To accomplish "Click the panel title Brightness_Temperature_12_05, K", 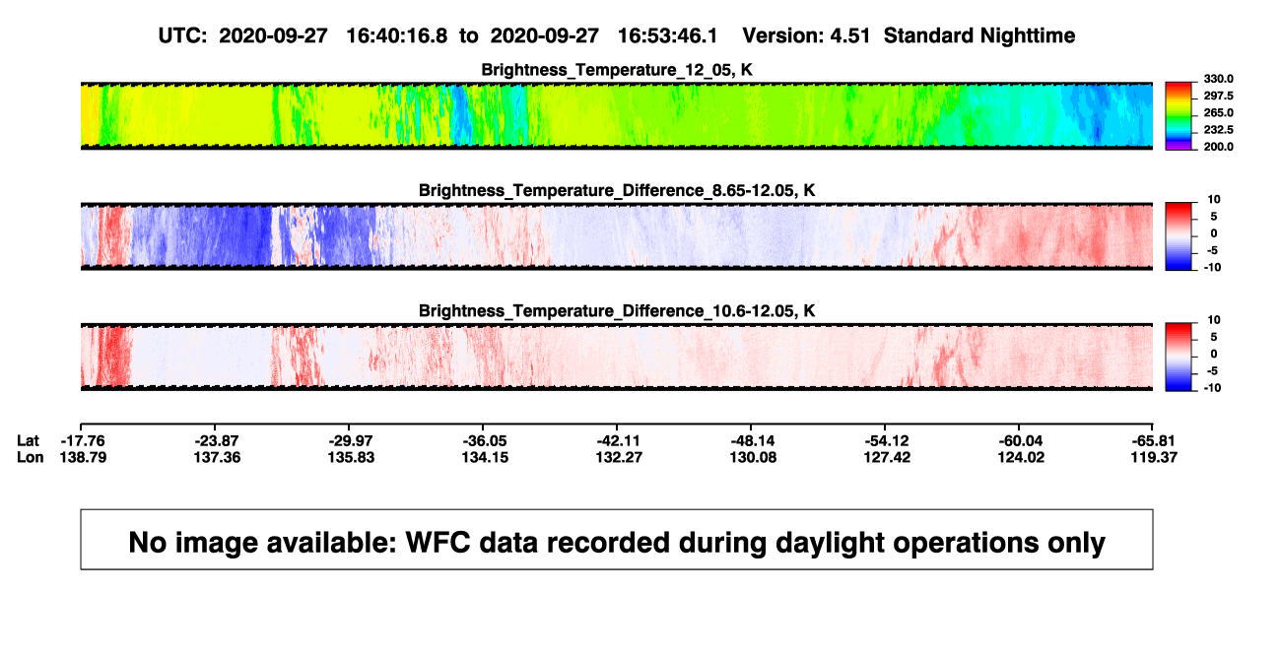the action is pyautogui.click(x=617, y=70).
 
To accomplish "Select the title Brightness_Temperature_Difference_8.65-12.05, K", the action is pyautogui.click(x=617, y=190).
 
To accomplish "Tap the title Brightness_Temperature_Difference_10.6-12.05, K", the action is pyautogui.click(x=617, y=311).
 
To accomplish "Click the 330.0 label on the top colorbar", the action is pyautogui.click(x=1218, y=79).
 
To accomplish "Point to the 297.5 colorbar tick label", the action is pyautogui.click(x=1218, y=97).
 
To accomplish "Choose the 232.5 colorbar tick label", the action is pyautogui.click(x=1218, y=130).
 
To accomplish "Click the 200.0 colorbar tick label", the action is pyautogui.click(x=1218, y=147).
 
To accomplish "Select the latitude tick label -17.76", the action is pyautogui.click(x=83, y=441).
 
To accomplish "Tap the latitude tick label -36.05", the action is pyautogui.click(x=485, y=441).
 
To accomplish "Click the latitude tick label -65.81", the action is pyautogui.click(x=1153, y=441).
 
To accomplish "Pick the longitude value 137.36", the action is pyautogui.click(x=218, y=457).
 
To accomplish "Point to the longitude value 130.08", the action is pyautogui.click(x=753, y=457).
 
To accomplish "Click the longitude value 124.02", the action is pyautogui.click(x=1021, y=457).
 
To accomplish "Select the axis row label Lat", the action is pyautogui.click(x=28, y=441).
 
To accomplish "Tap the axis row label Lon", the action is pyautogui.click(x=30, y=457).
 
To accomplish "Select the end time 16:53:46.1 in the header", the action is pyautogui.click(x=667, y=36).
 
